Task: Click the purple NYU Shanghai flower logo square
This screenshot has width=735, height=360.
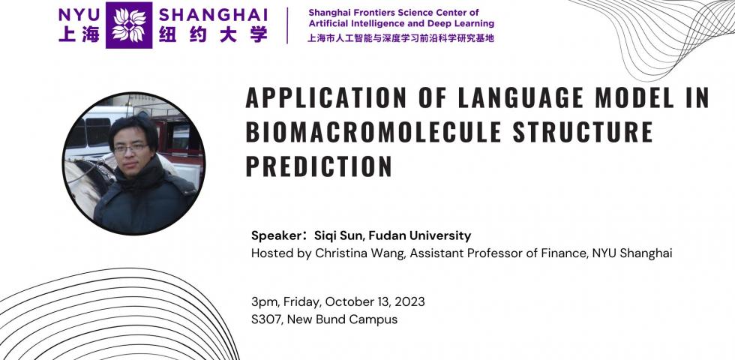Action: [x=129, y=25]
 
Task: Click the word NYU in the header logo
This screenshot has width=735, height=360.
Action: [x=79, y=14]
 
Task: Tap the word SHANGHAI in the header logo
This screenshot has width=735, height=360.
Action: [x=213, y=14]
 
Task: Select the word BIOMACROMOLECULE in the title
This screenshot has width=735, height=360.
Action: [x=373, y=132]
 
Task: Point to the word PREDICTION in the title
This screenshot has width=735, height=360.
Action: [x=319, y=166]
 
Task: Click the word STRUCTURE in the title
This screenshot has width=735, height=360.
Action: [x=583, y=132]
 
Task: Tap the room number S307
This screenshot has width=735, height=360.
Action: [x=267, y=319]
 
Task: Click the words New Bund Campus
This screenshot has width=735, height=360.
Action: [x=342, y=319]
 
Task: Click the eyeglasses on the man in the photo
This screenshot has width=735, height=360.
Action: [x=130, y=148]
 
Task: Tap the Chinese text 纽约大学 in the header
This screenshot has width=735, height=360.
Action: [x=213, y=34]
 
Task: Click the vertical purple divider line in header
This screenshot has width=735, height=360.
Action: [x=287, y=25]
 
